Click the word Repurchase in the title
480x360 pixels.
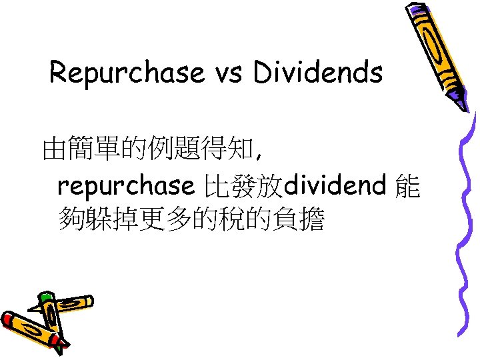[x=127, y=73]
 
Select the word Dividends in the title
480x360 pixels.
[x=317, y=73]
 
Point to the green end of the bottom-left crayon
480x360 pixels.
[x=46, y=298]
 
